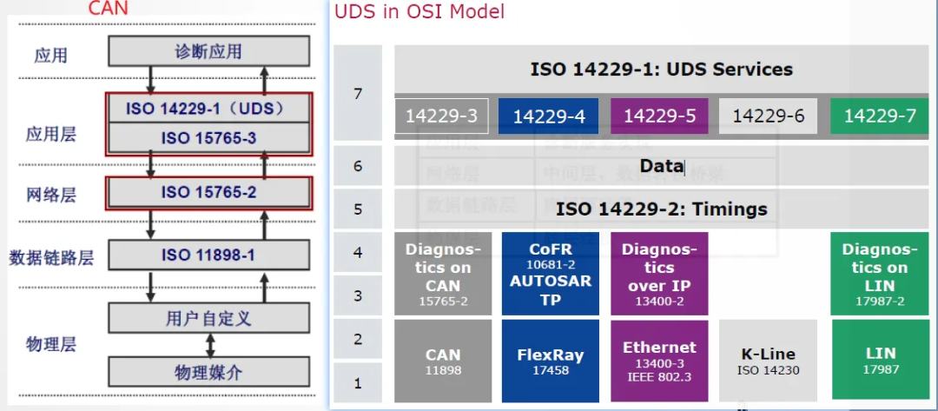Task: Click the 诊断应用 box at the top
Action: tap(208, 51)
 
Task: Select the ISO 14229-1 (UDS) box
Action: tap(208, 109)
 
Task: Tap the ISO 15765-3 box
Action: tap(208, 137)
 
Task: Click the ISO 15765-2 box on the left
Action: tap(208, 192)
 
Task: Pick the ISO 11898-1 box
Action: tap(208, 255)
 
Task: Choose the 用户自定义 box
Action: tap(208, 318)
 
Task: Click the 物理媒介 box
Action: tap(208, 372)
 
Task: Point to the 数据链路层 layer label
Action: tap(51, 257)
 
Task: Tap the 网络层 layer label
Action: tap(50, 194)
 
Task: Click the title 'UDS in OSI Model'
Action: tap(419, 12)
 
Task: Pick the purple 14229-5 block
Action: tap(659, 116)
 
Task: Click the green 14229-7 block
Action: tap(879, 116)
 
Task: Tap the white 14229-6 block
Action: tap(768, 116)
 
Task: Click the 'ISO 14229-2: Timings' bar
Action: tap(661, 209)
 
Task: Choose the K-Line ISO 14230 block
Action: tap(768, 361)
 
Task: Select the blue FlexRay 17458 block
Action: tap(550, 360)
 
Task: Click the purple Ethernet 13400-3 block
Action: tap(659, 360)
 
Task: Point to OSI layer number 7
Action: tap(358, 93)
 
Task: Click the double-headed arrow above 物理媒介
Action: tap(208, 344)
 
